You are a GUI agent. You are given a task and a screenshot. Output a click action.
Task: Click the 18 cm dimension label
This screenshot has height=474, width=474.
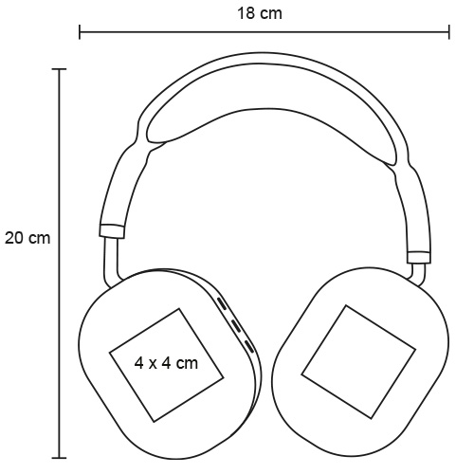(x=260, y=13)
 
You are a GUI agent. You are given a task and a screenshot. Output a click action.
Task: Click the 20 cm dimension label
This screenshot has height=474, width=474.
(x=27, y=238)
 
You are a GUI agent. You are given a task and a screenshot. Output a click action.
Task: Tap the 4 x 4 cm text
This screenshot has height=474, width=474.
(x=166, y=363)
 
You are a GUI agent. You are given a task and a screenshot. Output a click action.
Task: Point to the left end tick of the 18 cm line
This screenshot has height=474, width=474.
(x=80, y=32)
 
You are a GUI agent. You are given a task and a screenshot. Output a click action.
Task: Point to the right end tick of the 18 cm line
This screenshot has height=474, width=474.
(x=448, y=32)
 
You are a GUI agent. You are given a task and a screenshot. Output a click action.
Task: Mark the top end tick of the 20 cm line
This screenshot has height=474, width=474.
(x=59, y=69)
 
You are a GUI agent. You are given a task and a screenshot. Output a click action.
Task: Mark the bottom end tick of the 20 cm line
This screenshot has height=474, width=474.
(x=59, y=457)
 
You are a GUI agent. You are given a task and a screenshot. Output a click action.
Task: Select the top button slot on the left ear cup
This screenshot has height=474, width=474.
(x=222, y=304)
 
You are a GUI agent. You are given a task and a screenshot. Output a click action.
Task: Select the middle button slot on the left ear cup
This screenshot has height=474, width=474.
(x=236, y=326)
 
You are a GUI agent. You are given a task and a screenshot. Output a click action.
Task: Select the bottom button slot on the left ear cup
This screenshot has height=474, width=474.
(x=249, y=347)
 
